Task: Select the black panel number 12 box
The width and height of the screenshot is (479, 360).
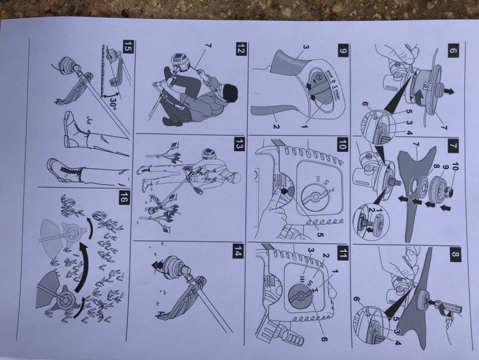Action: click(241, 49)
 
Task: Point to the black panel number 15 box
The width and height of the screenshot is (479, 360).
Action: click(128, 46)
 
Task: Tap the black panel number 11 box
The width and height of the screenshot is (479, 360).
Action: click(343, 253)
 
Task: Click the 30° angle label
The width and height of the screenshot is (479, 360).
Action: click(113, 104)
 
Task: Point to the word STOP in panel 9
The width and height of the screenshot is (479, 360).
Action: click(329, 74)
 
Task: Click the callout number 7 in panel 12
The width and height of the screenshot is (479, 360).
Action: click(208, 46)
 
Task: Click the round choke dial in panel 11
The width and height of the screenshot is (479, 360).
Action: click(301, 296)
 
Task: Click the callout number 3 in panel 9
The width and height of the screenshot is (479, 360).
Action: click(306, 47)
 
